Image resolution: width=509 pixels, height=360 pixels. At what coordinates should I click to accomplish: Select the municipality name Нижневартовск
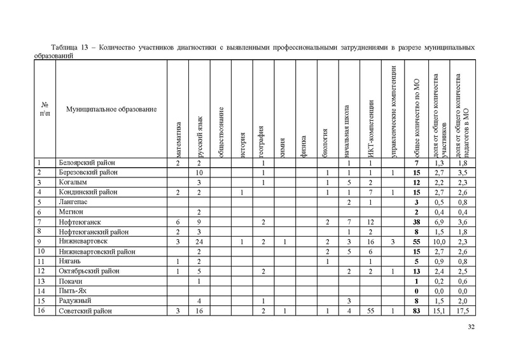pos(84,242)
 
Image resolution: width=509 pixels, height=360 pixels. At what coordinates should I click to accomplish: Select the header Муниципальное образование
pos(111,110)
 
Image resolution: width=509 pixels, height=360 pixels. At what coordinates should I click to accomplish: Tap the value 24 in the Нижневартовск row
pos(199,242)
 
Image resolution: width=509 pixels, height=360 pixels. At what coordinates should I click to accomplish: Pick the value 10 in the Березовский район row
pos(199,173)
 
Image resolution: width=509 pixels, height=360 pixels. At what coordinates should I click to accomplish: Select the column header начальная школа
pos(348,130)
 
